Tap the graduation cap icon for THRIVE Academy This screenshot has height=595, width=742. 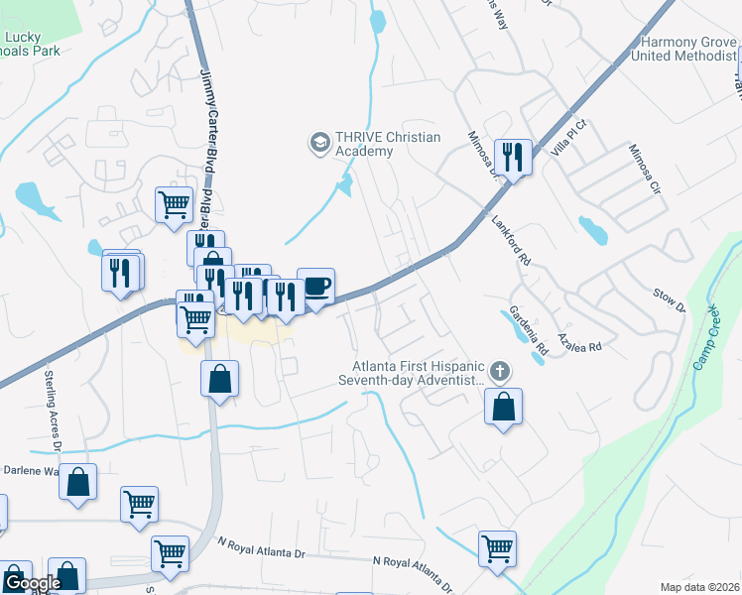pos(319,144)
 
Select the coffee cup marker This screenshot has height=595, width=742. pos(315,288)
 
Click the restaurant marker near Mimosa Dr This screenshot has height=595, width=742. pos(513,158)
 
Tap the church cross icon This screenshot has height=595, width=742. pos(501,373)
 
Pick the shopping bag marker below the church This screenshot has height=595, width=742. pos(504,407)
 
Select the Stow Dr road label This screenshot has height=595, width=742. pos(670,300)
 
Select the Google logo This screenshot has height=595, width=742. pos(32,583)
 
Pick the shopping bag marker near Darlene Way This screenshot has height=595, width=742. pos(78,483)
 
